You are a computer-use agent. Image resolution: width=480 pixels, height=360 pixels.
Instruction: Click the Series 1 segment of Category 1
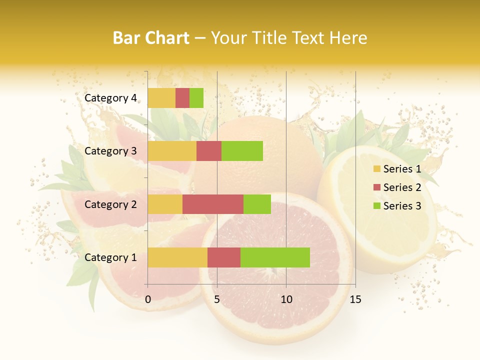(177, 257)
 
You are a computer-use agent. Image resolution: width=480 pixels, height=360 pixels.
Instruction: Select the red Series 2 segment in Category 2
(213, 204)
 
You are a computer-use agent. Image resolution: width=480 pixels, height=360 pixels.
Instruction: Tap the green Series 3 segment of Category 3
(242, 151)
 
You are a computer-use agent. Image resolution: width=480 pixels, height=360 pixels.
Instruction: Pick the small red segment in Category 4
(182, 98)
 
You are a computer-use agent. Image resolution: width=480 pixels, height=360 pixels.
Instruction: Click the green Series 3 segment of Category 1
(275, 257)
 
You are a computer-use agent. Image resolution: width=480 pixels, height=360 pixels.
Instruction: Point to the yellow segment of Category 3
(172, 151)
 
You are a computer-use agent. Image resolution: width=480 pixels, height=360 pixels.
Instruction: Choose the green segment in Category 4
(196, 98)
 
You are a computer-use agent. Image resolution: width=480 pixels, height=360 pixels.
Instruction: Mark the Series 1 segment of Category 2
(165, 204)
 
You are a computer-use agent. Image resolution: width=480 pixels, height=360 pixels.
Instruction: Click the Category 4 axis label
(110, 98)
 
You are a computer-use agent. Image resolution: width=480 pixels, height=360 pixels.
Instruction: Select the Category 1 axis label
(110, 257)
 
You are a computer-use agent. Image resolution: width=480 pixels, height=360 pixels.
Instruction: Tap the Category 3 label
(110, 151)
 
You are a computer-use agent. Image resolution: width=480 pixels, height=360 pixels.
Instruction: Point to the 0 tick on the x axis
(148, 299)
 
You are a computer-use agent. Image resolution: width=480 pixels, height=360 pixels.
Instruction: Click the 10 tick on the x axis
(286, 299)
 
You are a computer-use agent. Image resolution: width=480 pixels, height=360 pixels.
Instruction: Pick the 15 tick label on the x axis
(355, 299)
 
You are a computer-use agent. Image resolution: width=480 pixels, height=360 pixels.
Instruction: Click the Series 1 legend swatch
(376, 169)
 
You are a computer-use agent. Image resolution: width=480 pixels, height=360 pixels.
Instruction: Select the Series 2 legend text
(402, 187)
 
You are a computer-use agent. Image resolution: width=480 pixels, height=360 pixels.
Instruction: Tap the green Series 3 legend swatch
(376, 206)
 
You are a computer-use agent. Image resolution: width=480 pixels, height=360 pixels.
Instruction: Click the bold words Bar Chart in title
(151, 38)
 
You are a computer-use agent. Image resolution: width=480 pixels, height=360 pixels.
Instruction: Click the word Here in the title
(349, 38)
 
